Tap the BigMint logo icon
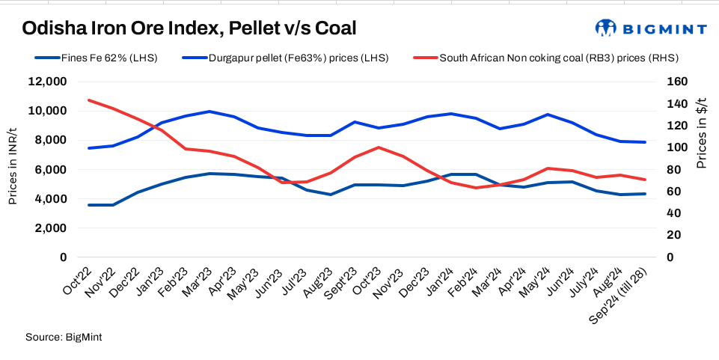click(x=604, y=28)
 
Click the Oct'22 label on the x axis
click(x=77, y=281)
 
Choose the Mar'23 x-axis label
click(x=198, y=281)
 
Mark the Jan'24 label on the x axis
click(x=439, y=281)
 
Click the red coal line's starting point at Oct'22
click(x=90, y=100)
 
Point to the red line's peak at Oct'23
click(x=379, y=147)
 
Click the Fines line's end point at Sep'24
click(x=646, y=194)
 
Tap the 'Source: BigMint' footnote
click(x=63, y=338)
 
